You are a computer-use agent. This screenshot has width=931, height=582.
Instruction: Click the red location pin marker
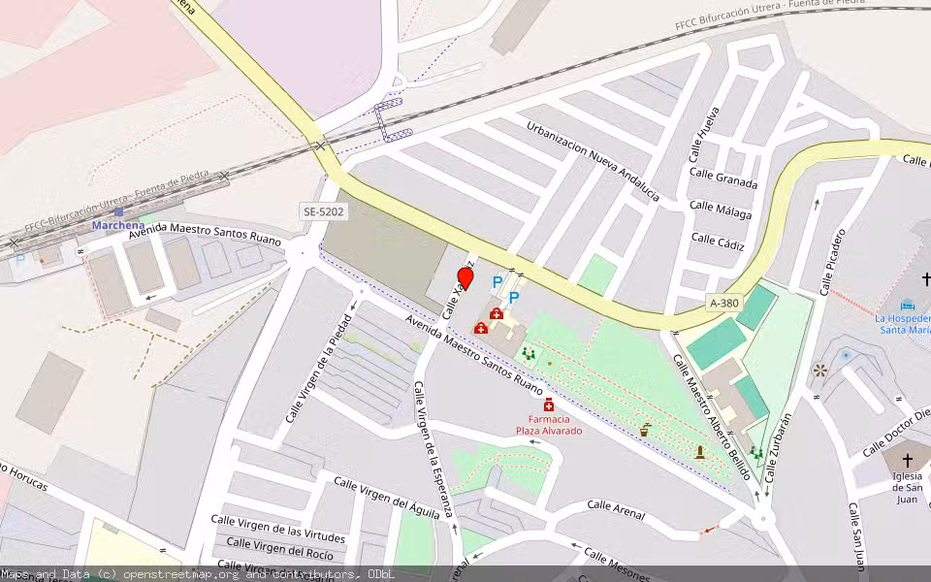(465, 277)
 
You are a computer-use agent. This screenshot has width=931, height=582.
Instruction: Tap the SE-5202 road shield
(323, 210)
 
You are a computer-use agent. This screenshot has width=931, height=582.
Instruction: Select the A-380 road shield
(723, 303)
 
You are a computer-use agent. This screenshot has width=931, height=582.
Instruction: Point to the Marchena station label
(117, 226)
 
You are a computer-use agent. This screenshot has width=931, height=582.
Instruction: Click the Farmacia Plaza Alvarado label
(549, 425)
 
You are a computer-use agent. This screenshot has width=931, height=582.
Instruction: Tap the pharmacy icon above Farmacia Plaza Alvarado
(549, 404)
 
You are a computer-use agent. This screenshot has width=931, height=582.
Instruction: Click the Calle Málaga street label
(721, 207)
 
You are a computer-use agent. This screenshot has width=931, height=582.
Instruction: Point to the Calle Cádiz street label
(718, 240)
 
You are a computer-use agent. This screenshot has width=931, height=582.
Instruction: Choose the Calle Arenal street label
(616, 509)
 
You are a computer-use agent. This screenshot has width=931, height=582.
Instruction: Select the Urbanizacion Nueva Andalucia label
(594, 161)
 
